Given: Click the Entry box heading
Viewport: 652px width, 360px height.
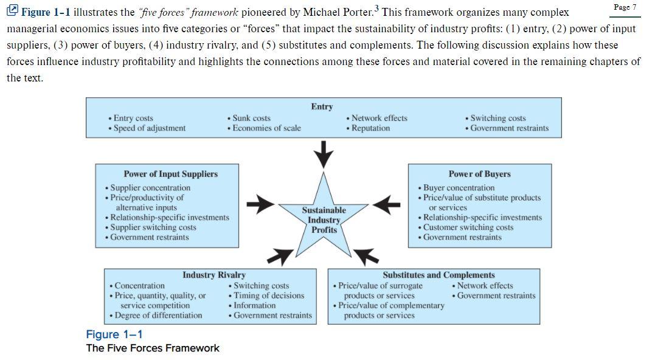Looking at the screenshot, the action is (322, 107).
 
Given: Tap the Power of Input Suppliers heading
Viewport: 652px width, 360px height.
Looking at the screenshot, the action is (170, 174).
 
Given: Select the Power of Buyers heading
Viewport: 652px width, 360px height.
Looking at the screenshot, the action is (479, 174).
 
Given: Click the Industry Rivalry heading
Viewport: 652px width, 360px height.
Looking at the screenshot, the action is (213, 275).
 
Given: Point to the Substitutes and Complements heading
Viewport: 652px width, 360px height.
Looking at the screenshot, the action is (439, 275).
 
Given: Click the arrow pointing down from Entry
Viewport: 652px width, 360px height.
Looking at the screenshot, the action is (324, 154).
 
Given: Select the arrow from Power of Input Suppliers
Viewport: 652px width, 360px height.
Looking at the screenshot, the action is (260, 204).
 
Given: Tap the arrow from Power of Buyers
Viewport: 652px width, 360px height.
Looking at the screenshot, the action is (386, 204).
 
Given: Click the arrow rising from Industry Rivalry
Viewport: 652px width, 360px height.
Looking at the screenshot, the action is (280, 257).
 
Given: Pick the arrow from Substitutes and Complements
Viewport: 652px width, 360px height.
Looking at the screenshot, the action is (366, 257).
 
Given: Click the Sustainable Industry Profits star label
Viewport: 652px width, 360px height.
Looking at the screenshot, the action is (324, 220).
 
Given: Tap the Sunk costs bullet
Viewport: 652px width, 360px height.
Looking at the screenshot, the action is (249, 118).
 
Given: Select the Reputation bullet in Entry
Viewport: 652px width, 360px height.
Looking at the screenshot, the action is (368, 128).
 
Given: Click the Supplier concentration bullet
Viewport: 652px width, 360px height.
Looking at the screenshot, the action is (148, 188).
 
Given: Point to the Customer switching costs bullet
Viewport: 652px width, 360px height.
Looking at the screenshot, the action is (466, 227).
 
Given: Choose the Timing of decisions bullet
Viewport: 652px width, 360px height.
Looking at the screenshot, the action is (266, 296).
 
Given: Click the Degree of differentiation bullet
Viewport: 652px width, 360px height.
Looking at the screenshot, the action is (156, 316).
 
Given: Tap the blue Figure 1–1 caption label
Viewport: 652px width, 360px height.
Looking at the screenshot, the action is (114, 334).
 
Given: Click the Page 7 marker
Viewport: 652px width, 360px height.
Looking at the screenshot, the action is (625, 7).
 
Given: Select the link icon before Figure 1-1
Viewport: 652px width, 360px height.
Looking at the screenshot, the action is (12, 10).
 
